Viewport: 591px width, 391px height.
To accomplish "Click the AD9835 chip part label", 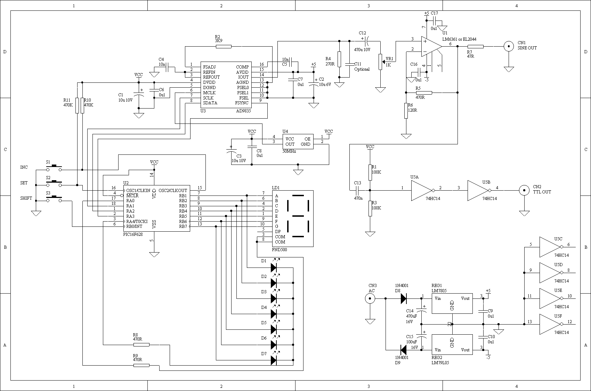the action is click(243, 111).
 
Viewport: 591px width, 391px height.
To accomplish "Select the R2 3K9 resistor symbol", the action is click(224, 47).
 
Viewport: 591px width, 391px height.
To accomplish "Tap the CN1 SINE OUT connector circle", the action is click(509, 47).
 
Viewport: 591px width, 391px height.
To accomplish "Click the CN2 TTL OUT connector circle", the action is click(524, 190).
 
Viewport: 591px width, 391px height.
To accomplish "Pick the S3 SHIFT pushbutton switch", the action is click(54, 199).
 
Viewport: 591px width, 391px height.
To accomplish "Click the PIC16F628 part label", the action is click(133, 234).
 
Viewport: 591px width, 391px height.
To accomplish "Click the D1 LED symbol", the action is click(274, 268).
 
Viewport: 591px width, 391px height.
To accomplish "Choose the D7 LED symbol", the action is click(274, 360).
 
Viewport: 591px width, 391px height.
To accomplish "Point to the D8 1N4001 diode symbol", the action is click(404, 298).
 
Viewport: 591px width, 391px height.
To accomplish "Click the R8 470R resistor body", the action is click(141, 345).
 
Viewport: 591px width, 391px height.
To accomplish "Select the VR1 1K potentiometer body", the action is click(380, 62).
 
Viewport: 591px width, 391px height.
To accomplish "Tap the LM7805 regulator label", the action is click(439, 291).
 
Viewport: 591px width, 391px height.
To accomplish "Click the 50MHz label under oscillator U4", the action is click(289, 152).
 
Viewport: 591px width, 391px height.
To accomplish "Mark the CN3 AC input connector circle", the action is click(370, 298).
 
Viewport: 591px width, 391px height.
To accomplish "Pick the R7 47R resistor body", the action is click(476, 47).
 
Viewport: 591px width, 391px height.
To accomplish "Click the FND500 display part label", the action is click(280, 250).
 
